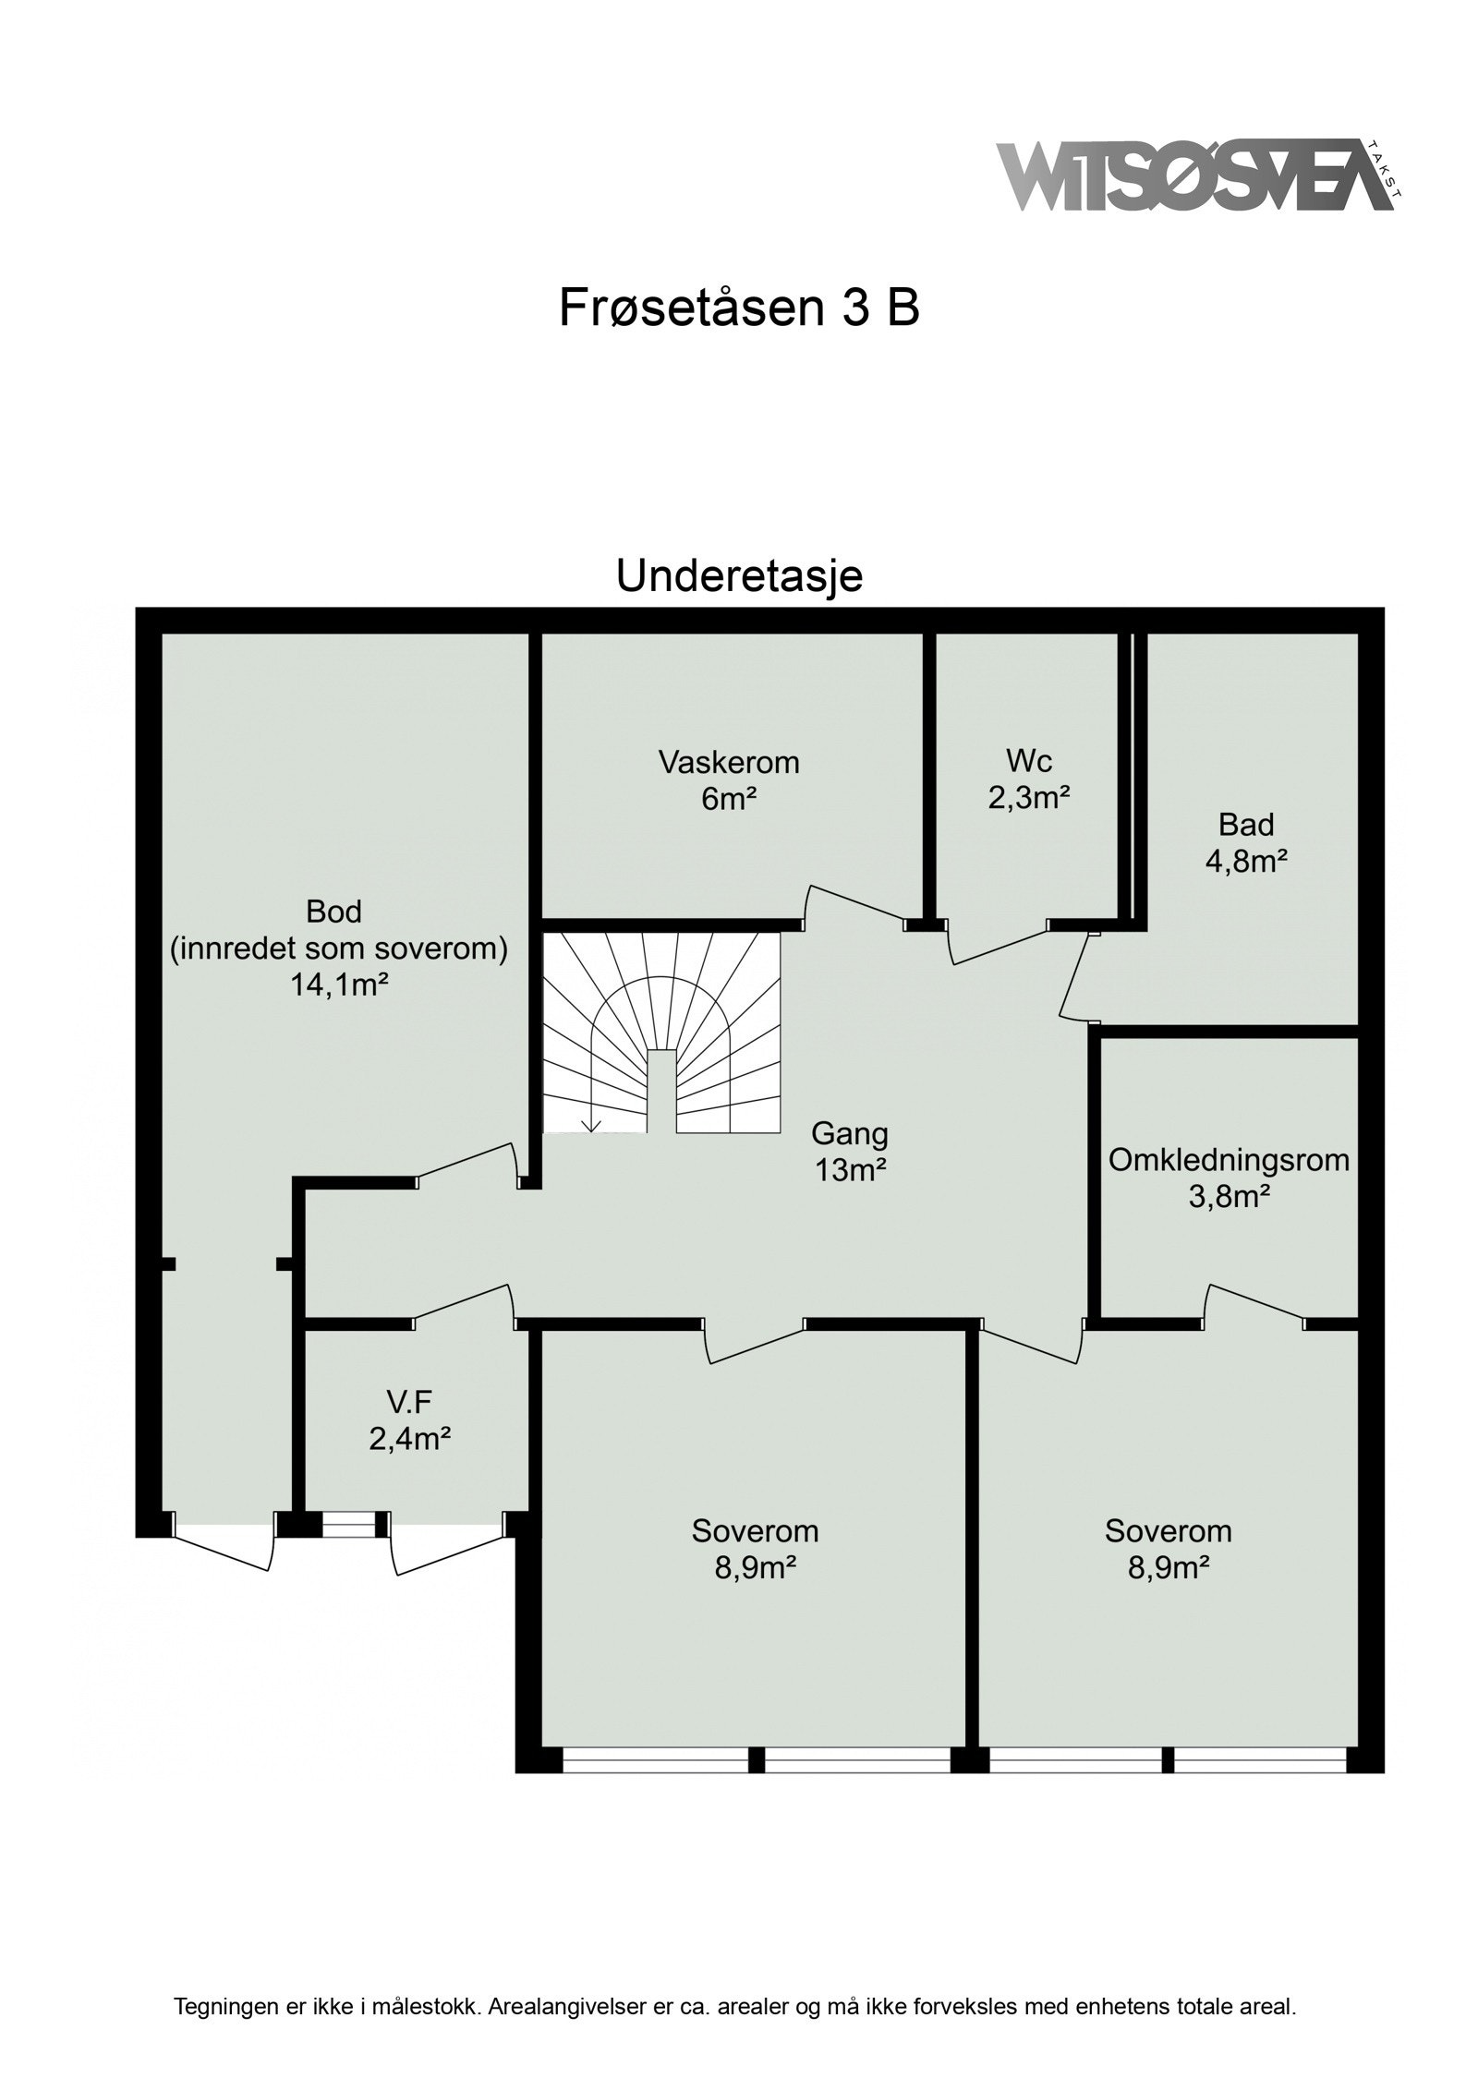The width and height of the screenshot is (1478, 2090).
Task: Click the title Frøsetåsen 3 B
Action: (738, 308)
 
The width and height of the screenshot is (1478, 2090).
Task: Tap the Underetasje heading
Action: (739, 576)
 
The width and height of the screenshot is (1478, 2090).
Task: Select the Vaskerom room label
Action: (728, 763)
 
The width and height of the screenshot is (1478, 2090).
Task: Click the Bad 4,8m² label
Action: (1246, 841)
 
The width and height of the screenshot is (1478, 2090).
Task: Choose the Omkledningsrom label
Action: (1229, 1160)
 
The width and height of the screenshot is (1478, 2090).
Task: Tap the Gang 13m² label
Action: (850, 1151)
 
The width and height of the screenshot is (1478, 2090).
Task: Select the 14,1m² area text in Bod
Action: (338, 985)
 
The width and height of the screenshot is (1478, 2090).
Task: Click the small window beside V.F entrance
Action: (349, 1525)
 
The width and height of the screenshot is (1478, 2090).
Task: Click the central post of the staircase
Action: (660, 1090)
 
